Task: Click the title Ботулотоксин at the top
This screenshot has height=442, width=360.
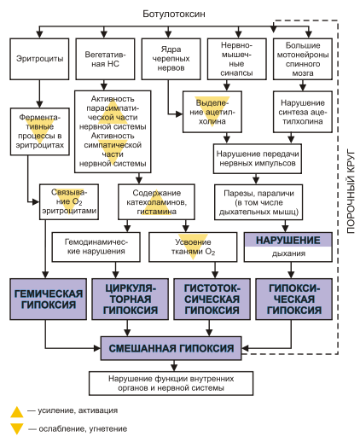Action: click(174, 14)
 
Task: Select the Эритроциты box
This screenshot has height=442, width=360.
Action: click(39, 59)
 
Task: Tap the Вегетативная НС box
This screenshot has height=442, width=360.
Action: click(105, 59)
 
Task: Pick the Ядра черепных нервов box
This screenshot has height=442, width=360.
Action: click(171, 59)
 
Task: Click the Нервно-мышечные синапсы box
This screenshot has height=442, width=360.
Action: click(237, 59)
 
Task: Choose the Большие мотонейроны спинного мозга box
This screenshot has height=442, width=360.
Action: click(303, 59)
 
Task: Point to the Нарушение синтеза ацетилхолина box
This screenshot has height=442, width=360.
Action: click(303, 112)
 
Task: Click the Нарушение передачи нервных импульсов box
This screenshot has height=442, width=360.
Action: click(258, 159)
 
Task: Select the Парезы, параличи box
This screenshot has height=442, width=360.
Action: click(258, 202)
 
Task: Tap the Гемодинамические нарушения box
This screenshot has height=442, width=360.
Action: click(96, 247)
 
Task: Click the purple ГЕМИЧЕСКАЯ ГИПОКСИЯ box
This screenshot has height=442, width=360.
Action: click(49, 300)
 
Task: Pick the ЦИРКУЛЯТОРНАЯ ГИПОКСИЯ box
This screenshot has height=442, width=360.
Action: click(131, 300)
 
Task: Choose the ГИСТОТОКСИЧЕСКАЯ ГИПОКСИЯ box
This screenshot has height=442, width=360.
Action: click(212, 300)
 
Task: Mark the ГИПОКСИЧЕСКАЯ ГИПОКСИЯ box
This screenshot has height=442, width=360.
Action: click(294, 300)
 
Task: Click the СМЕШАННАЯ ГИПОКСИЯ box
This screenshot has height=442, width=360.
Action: click(171, 348)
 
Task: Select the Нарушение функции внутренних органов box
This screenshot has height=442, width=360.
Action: click(171, 383)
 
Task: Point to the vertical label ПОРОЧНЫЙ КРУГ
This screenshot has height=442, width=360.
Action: click(351, 191)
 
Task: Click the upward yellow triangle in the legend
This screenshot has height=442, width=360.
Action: click(17, 412)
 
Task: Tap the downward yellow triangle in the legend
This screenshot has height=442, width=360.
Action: click(17, 429)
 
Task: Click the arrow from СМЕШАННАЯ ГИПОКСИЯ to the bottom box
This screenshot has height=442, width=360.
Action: click(174, 366)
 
